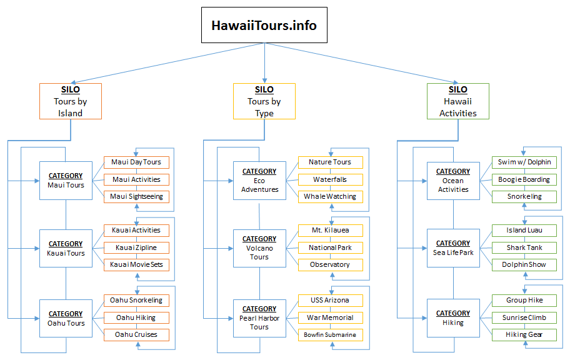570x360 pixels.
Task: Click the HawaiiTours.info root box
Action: tap(264, 26)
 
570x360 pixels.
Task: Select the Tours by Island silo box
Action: tap(70, 101)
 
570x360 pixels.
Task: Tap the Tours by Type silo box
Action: tap(264, 101)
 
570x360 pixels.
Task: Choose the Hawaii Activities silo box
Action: tap(458, 101)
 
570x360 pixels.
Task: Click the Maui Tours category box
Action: tap(66, 181)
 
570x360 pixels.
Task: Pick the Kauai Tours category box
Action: tap(66, 248)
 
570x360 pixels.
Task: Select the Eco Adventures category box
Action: tap(259, 180)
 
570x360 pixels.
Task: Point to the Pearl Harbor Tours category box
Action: tap(259, 317)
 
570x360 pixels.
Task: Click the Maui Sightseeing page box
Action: tap(136, 197)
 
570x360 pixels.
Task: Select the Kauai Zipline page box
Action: tap(136, 247)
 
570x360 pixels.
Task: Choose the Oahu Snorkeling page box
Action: tap(136, 301)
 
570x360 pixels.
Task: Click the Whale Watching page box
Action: tap(330, 197)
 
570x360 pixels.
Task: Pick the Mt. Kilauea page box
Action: tap(330, 231)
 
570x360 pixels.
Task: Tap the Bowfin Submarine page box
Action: tap(330, 335)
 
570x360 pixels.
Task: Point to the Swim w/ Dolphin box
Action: tap(524, 162)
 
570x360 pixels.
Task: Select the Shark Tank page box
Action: tap(524, 247)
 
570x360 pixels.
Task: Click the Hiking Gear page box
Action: tap(524, 334)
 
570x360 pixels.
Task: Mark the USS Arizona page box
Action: tap(330, 301)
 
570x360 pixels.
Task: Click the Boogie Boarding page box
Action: tap(524, 179)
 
